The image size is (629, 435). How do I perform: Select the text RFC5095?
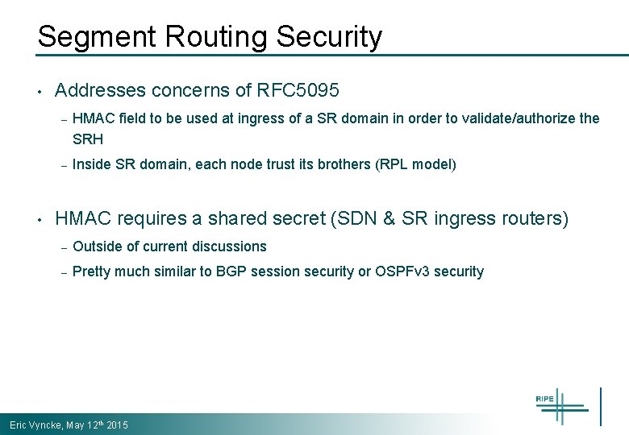298,90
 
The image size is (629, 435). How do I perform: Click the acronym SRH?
88,139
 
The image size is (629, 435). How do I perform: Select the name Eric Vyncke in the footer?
35,425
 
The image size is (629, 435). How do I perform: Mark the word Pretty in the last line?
91,271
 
